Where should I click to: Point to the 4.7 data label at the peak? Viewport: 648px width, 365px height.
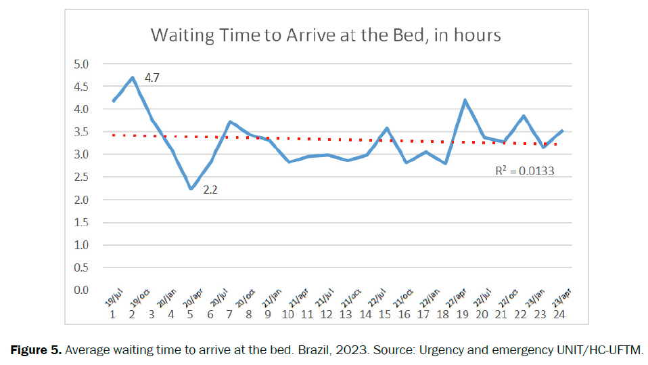click(x=152, y=78)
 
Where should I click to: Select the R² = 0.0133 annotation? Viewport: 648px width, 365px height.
click(x=525, y=171)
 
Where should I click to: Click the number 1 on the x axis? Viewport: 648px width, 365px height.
click(x=113, y=314)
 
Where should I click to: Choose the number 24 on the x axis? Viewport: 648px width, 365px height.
click(x=560, y=314)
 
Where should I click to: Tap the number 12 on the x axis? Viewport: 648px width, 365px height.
click(x=327, y=314)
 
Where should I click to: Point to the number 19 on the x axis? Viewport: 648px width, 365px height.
click(x=463, y=314)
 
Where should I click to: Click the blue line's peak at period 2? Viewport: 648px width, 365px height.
click(x=133, y=77)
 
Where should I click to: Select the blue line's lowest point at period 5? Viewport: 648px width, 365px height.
click(x=191, y=189)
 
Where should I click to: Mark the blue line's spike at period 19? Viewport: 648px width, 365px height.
click(x=465, y=100)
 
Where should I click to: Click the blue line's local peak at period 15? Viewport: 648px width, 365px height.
click(x=386, y=128)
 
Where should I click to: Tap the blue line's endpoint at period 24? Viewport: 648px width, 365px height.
click(x=562, y=131)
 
